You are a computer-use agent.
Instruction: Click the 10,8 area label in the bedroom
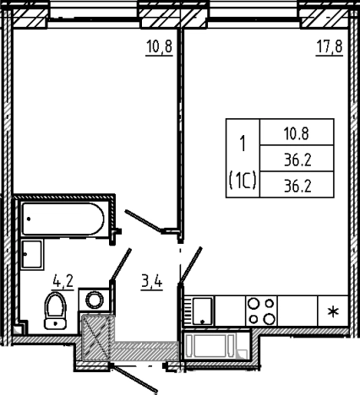point(159,46)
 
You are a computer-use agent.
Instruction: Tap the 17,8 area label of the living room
point(330,46)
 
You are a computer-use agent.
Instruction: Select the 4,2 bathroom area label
point(63,280)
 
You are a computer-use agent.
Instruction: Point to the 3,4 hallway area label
point(152,281)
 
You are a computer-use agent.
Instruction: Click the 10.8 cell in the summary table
point(297,133)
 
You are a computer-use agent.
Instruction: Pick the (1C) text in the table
point(243,181)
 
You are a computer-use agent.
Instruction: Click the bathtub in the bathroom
point(63,219)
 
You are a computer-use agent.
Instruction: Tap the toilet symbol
point(56,311)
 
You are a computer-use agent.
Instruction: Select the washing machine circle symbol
point(94,300)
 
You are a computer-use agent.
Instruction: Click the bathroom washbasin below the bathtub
point(32,255)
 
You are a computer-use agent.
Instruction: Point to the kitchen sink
point(202,311)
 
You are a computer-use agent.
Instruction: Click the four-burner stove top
point(261,311)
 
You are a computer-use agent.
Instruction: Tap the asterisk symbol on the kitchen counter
point(334,312)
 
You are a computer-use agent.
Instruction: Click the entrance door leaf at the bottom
point(134,378)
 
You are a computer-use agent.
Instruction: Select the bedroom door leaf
point(144,221)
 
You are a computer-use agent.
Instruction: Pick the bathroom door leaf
point(121,264)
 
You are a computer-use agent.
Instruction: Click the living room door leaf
point(191,264)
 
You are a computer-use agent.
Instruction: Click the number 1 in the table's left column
point(243,143)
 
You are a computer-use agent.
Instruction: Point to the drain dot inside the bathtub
point(29,219)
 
